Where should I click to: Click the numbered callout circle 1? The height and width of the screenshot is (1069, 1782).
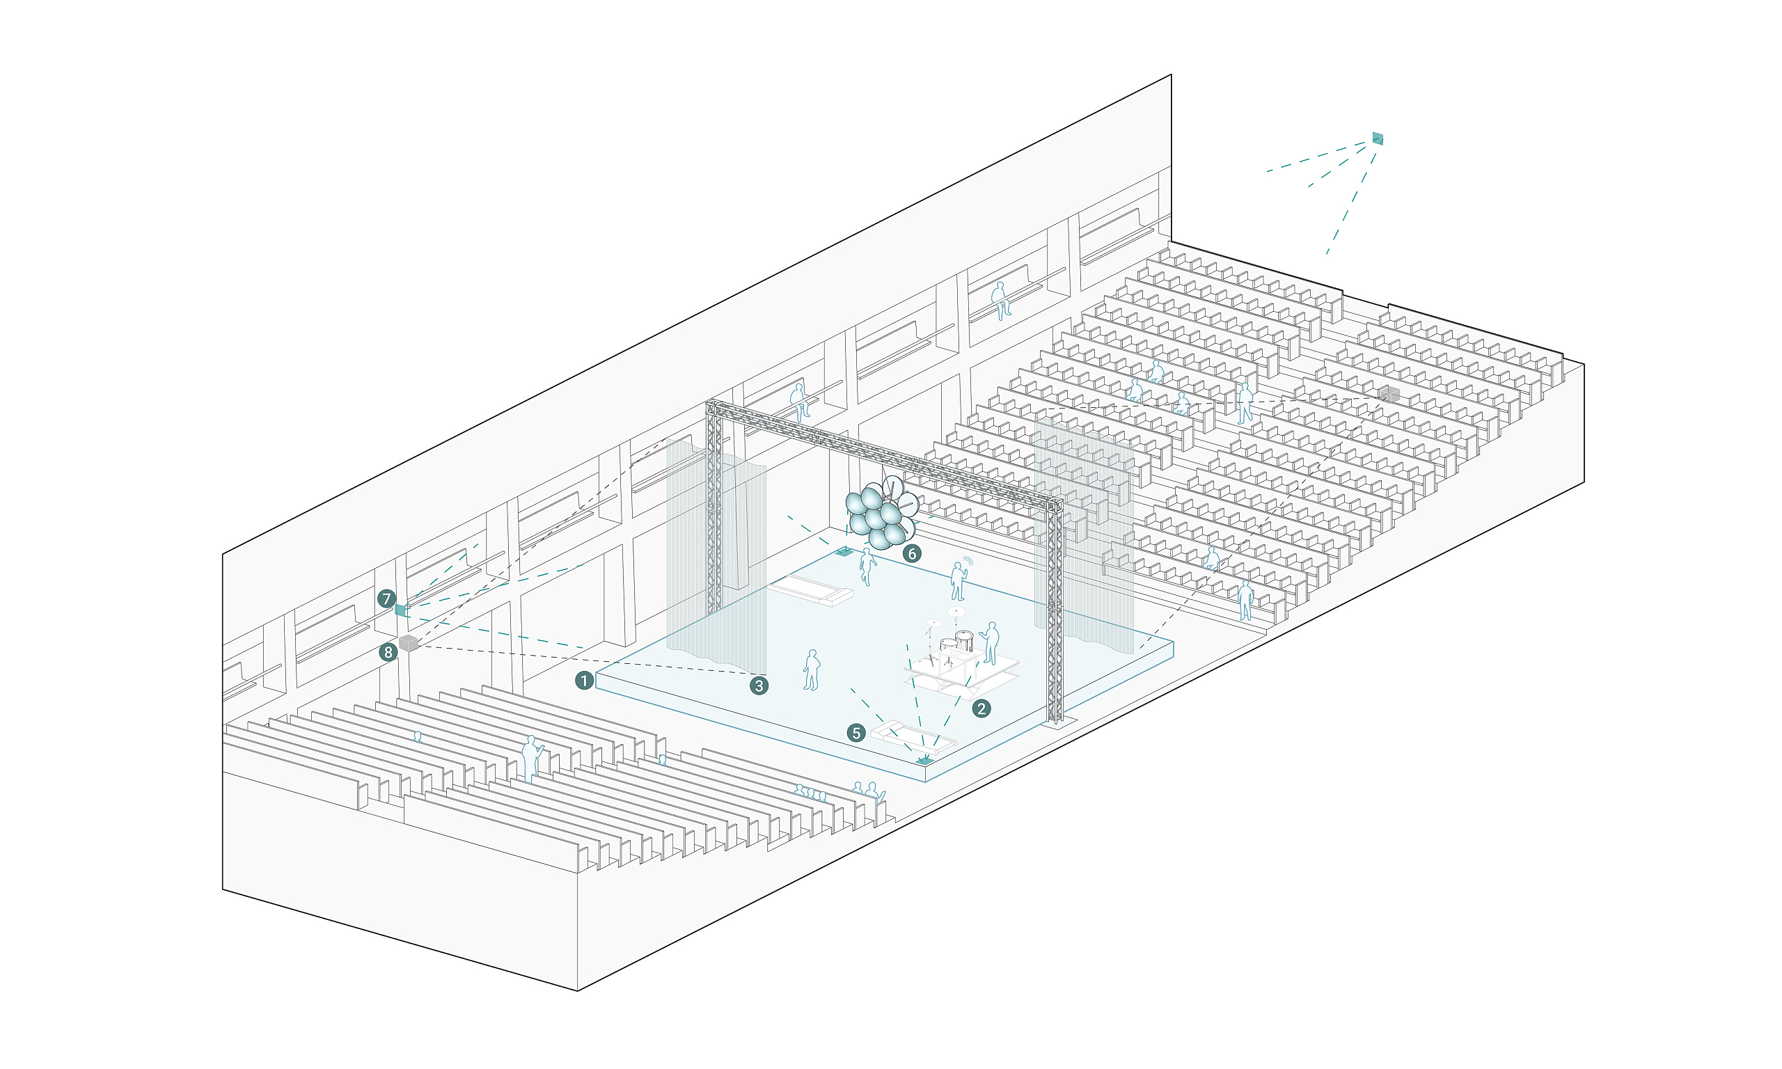tap(584, 680)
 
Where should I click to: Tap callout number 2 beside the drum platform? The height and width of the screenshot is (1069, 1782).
tap(981, 708)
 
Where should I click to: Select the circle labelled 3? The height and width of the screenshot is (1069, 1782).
tap(759, 686)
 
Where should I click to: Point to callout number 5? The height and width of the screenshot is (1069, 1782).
tap(855, 734)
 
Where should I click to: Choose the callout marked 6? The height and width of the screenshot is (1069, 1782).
tap(912, 553)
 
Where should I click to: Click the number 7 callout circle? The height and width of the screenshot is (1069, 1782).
tap(387, 599)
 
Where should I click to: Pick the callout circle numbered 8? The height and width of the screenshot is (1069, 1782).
tap(388, 653)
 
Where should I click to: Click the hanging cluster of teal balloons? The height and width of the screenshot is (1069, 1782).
tap(879, 514)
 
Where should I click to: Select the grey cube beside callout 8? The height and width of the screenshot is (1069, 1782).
tap(409, 643)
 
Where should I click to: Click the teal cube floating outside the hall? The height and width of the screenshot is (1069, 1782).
tap(1377, 138)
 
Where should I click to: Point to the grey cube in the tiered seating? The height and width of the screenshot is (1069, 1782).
tap(1390, 394)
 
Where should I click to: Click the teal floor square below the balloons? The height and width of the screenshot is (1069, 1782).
tap(844, 553)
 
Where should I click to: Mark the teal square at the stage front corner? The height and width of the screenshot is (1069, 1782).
tap(924, 761)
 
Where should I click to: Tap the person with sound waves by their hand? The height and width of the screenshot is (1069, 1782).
tap(957, 581)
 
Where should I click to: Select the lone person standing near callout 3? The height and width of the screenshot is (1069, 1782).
tap(812, 671)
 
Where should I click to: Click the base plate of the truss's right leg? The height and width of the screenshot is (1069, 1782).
tap(1057, 722)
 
